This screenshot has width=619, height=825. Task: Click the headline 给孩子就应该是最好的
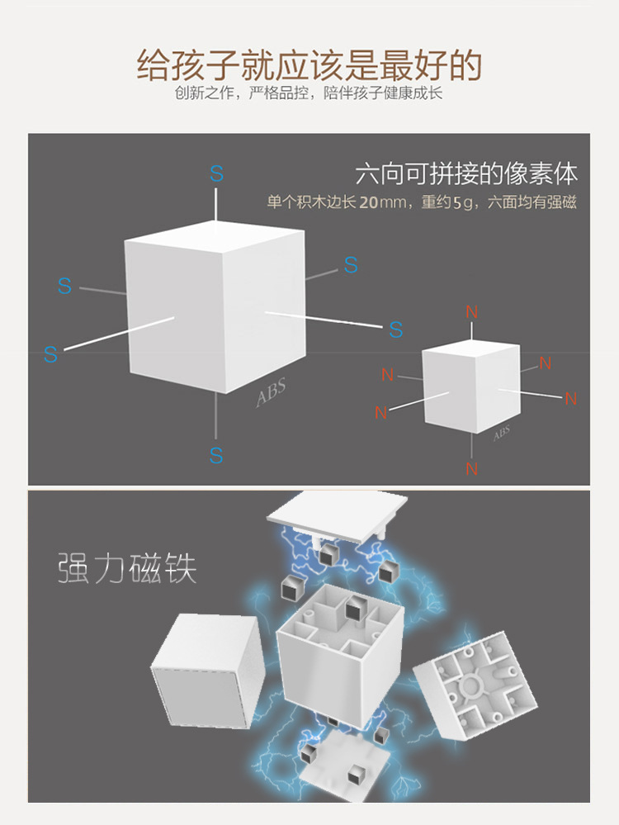click(309, 64)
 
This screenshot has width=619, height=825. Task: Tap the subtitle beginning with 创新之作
click(309, 93)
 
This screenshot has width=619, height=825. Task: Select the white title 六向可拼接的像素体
click(466, 174)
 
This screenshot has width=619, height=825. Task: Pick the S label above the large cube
click(216, 174)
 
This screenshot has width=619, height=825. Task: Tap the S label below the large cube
click(216, 455)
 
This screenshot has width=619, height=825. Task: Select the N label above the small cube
click(471, 312)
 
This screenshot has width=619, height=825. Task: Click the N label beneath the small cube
click(471, 468)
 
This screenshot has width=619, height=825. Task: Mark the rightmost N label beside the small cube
click(570, 399)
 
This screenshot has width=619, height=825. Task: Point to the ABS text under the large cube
click(271, 394)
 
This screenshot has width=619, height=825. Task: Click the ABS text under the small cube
click(501, 434)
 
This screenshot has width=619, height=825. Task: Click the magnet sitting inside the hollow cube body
click(357, 609)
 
